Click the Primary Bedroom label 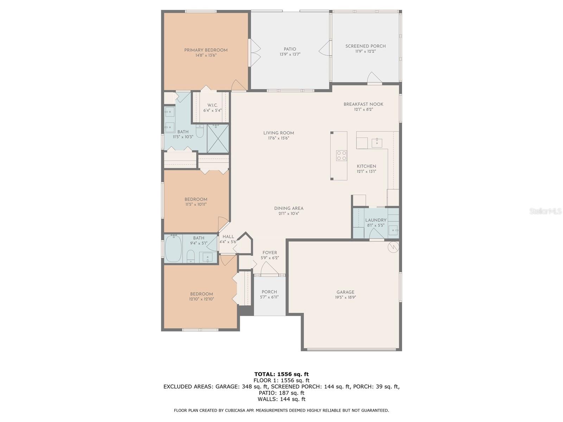(x=206, y=50)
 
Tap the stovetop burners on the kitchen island (x=341, y=155)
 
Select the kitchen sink (x=377, y=142)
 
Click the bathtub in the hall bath (x=173, y=248)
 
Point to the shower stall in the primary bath (x=218, y=138)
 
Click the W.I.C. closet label (x=212, y=105)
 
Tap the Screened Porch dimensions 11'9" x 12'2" (x=365, y=51)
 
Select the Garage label (x=345, y=292)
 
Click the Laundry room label (x=375, y=220)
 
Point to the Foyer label (x=270, y=252)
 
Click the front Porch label (x=269, y=292)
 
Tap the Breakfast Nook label (x=363, y=104)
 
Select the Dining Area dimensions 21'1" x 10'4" (x=289, y=213)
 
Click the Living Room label (x=278, y=133)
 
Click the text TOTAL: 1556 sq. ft (x=281, y=374)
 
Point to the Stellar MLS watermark (x=545, y=211)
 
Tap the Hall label (x=228, y=237)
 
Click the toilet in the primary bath (x=200, y=132)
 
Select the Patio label (x=290, y=49)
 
